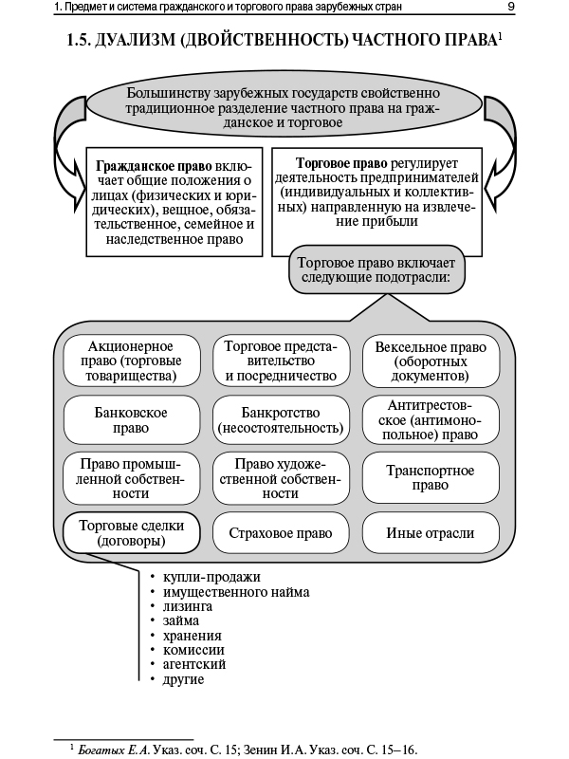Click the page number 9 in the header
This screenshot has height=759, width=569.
[510, 9]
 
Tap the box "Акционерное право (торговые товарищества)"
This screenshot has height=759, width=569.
[132, 361]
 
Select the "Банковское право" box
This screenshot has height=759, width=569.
[132, 420]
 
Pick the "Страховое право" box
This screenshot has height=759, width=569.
[282, 533]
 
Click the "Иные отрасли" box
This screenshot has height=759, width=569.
[431, 533]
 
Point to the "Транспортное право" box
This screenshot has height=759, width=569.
[431, 476]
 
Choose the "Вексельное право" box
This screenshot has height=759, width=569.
[431, 361]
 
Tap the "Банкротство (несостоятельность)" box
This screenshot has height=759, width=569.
[281, 420]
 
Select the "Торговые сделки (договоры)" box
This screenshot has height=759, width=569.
[132, 533]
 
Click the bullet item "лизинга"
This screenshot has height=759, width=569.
[188, 605]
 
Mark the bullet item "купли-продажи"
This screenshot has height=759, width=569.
[211, 577]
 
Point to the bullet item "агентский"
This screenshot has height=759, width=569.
[194, 664]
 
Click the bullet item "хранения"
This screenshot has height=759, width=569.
[193, 635]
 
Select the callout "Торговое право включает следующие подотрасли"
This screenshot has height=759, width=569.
[377, 271]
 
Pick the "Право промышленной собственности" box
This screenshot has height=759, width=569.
[132, 476]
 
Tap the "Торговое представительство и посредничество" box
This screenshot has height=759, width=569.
[281, 361]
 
